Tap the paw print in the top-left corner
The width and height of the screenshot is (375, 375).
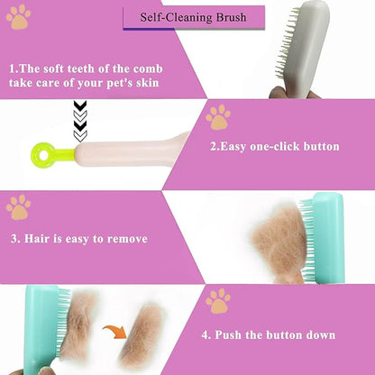[18, 16]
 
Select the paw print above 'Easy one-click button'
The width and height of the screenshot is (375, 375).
[217, 116]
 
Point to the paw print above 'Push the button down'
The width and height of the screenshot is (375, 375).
[217, 300]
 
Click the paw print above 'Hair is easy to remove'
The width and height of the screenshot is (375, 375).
[18, 207]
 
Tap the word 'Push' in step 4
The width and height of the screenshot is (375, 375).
[230, 334]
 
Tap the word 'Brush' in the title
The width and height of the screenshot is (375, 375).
[229, 17]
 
